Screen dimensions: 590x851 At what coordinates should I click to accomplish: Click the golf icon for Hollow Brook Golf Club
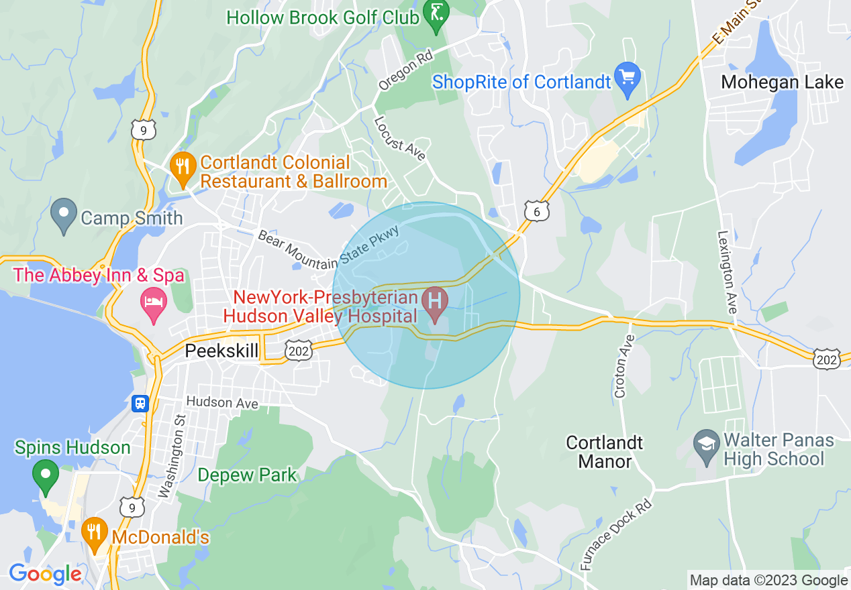coord(436,15)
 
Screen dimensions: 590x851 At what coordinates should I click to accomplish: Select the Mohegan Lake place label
coord(782,82)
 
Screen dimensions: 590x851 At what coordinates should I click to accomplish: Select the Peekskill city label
coord(221,351)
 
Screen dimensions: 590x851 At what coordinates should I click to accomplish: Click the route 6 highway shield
coord(537,211)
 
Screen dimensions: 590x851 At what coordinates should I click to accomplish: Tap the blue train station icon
coord(140,403)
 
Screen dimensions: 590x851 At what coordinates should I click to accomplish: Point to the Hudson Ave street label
coord(222,403)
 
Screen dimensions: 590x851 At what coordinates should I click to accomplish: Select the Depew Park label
coord(247,475)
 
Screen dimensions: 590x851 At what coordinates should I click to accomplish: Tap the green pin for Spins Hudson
coord(46,475)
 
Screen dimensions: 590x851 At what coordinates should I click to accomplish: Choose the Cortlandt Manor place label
coord(605,452)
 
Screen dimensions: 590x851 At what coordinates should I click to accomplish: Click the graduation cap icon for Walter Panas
coord(705,449)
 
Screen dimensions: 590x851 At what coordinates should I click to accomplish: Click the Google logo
coord(44,575)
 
